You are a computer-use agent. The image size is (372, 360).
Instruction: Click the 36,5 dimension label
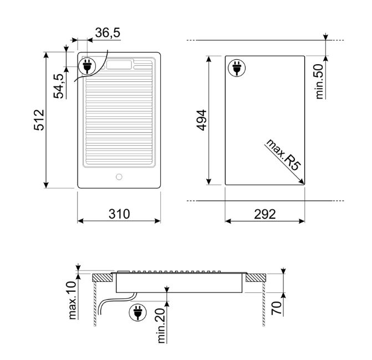(x=108, y=33)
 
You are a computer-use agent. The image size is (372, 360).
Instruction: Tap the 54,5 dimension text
(x=59, y=86)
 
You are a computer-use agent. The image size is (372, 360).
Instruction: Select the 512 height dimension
(x=39, y=120)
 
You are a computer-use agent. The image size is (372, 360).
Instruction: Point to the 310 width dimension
(x=119, y=214)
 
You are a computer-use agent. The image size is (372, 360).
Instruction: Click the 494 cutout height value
(x=202, y=120)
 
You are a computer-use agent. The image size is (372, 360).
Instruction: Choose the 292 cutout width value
(x=265, y=214)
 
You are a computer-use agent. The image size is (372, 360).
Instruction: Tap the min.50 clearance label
(x=319, y=81)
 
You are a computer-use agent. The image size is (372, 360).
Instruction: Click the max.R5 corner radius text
(x=284, y=155)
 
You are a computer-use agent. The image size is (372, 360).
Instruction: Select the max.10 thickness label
(x=73, y=300)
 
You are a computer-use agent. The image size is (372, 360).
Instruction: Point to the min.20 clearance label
(x=161, y=326)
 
